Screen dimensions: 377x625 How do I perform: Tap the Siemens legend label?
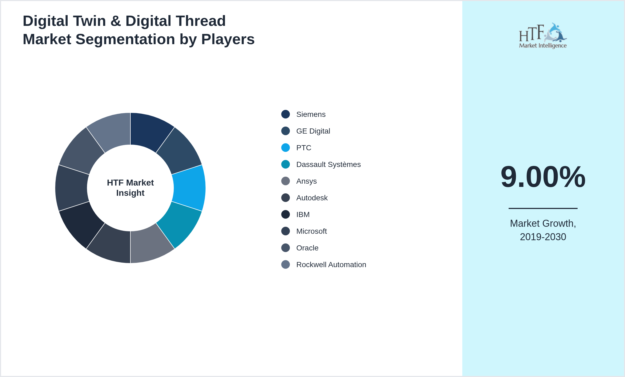click(x=311, y=114)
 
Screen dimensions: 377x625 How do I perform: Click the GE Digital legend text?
click(x=313, y=131)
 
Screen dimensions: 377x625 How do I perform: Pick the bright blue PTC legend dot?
click(x=286, y=148)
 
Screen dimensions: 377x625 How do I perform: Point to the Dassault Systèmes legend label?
click(x=328, y=165)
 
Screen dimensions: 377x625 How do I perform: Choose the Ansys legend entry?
click(x=306, y=181)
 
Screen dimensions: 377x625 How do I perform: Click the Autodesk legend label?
click(x=312, y=198)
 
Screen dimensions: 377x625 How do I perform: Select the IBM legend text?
click(x=303, y=215)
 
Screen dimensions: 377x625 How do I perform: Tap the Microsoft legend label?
click(x=311, y=231)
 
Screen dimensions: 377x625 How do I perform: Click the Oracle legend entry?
click(x=307, y=248)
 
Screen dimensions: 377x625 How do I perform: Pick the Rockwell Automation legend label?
click(x=331, y=265)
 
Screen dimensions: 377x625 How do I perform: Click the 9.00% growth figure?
click(x=543, y=177)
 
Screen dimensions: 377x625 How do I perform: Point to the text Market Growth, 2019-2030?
click(x=543, y=230)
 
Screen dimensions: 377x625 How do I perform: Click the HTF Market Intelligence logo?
click(x=543, y=36)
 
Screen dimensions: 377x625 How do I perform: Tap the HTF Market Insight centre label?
click(x=130, y=188)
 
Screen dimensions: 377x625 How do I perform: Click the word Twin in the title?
click(x=89, y=21)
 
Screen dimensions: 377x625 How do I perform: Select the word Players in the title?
click(x=228, y=39)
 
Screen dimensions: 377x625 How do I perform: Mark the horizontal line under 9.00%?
click(x=543, y=208)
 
